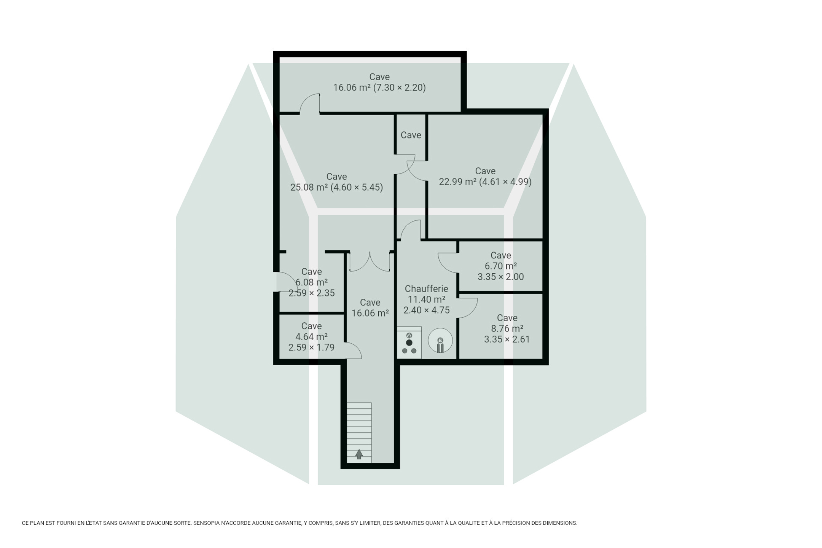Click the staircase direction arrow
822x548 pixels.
(x=359, y=454)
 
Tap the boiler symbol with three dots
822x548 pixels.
(x=409, y=342)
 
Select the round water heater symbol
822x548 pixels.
(x=440, y=341)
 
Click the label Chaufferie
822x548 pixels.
(x=426, y=289)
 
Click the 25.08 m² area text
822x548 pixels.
(x=309, y=188)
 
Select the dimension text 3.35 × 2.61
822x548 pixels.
(x=507, y=339)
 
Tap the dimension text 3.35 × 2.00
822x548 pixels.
(x=501, y=277)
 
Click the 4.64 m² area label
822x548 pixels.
(x=311, y=337)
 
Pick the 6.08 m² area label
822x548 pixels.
(x=311, y=282)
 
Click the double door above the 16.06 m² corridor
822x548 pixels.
(x=370, y=261)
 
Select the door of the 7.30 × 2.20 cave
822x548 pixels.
(x=309, y=104)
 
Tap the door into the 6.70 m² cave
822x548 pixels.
(x=448, y=263)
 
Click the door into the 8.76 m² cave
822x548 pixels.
(x=467, y=308)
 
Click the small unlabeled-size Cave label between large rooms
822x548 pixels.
(x=411, y=135)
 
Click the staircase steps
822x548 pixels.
(x=359, y=433)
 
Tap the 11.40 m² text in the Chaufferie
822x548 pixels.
(x=426, y=299)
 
